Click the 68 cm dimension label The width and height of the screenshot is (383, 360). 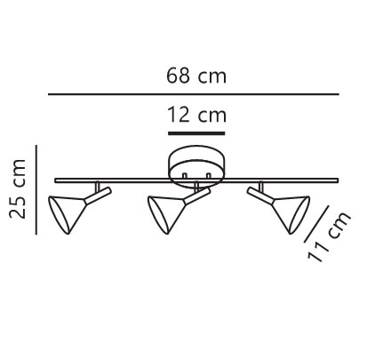[196, 76]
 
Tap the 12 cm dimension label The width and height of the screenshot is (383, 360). [197, 115]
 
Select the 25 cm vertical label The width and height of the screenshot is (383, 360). [18, 189]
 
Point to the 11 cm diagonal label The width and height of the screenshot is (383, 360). [330, 237]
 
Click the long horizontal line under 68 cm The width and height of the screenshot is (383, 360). [194, 94]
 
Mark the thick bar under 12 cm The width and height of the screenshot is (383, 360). [196, 133]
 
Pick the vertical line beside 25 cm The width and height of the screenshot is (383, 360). [36, 190]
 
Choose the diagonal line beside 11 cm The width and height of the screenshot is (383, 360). [316, 224]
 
